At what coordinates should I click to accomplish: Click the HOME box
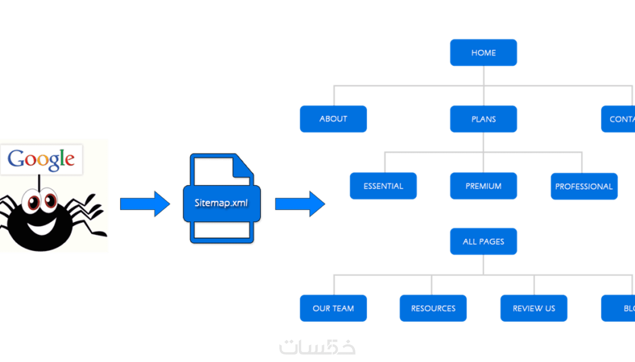pyautogui.click(x=483, y=53)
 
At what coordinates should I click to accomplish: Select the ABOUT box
pyautogui.click(x=333, y=119)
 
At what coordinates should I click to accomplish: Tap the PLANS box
pyautogui.click(x=483, y=119)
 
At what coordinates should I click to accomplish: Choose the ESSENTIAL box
pyautogui.click(x=383, y=186)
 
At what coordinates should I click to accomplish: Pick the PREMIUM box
pyautogui.click(x=483, y=186)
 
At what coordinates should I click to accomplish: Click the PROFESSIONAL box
pyautogui.click(x=584, y=186)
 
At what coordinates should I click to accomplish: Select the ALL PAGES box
pyautogui.click(x=483, y=241)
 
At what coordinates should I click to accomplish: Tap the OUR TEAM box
pyautogui.click(x=333, y=308)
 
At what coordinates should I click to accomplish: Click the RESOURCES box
pyautogui.click(x=433, y=308)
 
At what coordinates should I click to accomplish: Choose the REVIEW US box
pyautogui.click(x=534, y=308)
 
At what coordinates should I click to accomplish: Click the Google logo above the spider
pyautogui.click(x=41, y=159)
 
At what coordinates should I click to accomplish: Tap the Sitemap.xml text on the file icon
pyautogui.click(x=221, y=203)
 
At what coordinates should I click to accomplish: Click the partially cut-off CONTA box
pyautogui.click(x=618, y=119)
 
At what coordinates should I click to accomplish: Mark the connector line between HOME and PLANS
pyautogui.click(x=484, y=86)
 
